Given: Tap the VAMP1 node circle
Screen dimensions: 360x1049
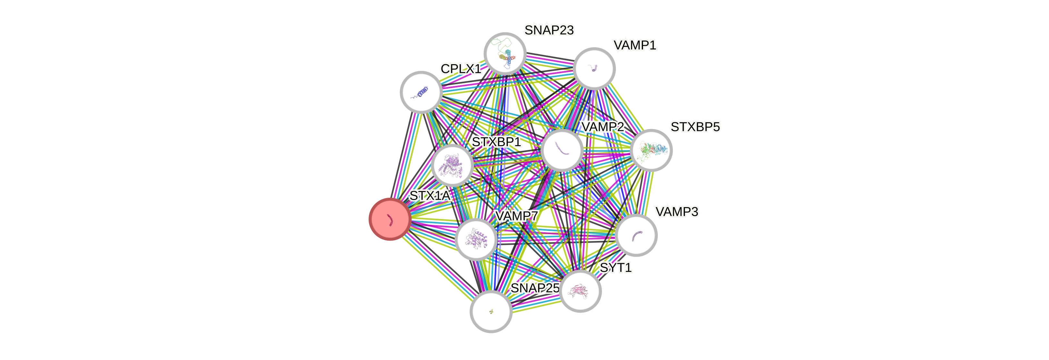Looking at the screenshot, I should (x=594, y=68).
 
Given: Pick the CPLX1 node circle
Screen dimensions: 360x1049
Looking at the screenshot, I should (x=421, y=92).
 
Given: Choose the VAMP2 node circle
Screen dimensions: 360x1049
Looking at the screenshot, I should (x=562, y=150).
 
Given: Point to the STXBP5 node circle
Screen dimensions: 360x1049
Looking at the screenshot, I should (x=651, y=150).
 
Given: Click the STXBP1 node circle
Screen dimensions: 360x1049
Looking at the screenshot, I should (x=452, y=165).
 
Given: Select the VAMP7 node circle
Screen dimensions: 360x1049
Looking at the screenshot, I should (x=476, y=239).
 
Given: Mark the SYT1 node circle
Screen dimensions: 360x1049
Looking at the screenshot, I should (x=580, y=291).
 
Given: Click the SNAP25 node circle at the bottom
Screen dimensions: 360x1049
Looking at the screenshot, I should (x=491, y=312).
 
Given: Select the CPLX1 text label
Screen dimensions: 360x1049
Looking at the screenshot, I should (x=460, y=69).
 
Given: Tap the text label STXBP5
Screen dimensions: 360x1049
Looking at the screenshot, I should (x=695, y=127).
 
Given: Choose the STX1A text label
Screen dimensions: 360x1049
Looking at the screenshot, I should (x=430, y=196).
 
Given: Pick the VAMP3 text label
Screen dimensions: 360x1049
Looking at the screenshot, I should (x=677, y=212).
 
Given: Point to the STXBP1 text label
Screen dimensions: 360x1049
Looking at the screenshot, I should (x=496, y=142).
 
